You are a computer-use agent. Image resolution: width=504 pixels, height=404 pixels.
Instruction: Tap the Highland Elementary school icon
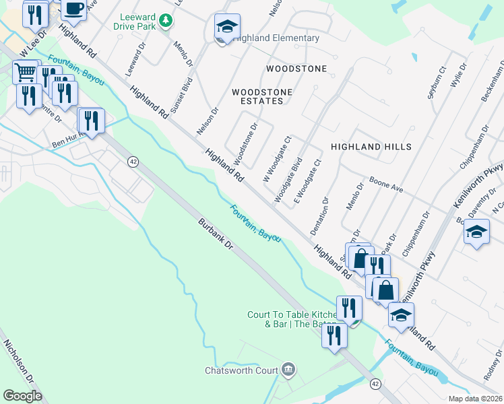[227, 28]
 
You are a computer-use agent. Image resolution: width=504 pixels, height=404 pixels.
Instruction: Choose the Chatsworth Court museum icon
[288, 369]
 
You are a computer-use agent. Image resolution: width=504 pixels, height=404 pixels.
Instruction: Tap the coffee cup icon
[73, 7]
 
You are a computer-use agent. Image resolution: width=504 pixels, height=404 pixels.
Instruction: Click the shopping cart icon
[25, 71]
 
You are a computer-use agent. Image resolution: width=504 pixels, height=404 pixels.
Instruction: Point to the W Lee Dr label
[32, 43]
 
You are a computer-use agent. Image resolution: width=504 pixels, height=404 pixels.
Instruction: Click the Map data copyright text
[476, 399]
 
